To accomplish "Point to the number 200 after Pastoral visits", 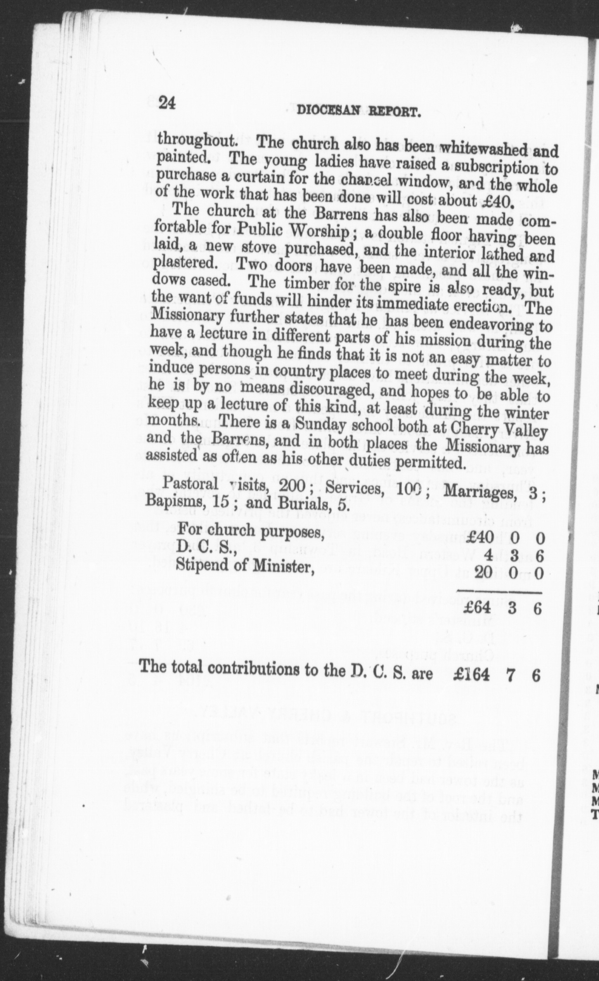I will [293, 486].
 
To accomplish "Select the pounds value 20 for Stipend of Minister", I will [483, 572].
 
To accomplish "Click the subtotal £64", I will [478, 609].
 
